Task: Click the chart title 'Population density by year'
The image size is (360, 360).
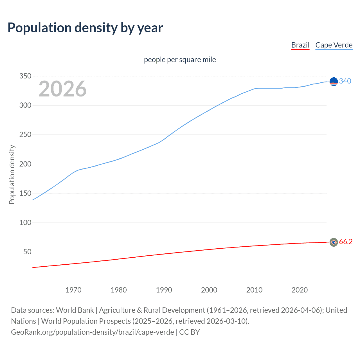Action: tap(85, 28)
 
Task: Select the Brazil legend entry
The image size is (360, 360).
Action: tap(300, 45)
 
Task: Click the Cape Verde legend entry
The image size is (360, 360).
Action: tap(334, 45)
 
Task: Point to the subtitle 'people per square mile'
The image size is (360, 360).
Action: tap(180, 60)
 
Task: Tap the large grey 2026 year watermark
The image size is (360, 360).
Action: tap(62, 89)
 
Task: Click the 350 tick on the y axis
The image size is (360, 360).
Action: tap(25, 76)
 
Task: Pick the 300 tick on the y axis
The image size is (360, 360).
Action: tap(25, 105)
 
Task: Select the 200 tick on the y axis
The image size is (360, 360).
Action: tap(25, 164)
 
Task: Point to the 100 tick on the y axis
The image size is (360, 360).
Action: tap(25, 222)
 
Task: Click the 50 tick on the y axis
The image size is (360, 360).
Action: tap(27, 252)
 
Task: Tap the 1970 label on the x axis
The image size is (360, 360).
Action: tap(73, 290)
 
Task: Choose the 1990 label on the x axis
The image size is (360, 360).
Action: tap(164, 290)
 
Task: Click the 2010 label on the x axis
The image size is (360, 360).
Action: tap(254, 290)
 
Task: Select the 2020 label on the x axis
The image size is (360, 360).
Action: tap(300, 290)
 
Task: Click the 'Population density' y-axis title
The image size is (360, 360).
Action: tap(12, 174)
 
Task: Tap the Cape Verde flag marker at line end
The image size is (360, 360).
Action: tap(334, 82)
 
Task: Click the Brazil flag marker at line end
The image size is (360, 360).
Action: tap(334, 242)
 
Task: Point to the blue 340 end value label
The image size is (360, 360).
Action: tap(345, 81)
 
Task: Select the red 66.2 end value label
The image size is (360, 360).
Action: tap(346, 242)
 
